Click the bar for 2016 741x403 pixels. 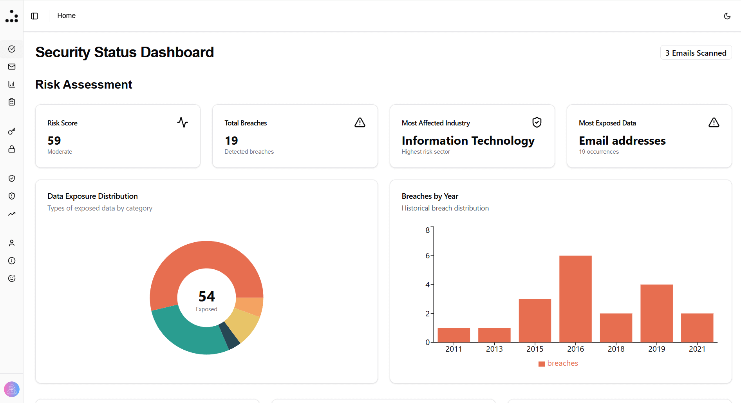575,299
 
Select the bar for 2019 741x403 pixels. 656,313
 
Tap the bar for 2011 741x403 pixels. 454,335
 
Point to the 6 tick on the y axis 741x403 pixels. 428,256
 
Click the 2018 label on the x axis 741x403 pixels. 616,349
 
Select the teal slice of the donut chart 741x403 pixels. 184,333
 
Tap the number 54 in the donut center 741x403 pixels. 206,296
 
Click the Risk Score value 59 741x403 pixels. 54,140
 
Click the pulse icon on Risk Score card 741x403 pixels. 183,122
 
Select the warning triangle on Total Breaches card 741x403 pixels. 360,122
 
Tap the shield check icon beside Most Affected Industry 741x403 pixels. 537,122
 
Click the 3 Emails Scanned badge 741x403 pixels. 696,53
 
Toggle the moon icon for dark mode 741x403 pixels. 727,16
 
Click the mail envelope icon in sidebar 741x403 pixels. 12,67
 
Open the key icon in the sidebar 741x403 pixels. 12,131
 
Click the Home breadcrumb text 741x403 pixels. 66,16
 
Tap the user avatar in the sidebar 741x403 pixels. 12,389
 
